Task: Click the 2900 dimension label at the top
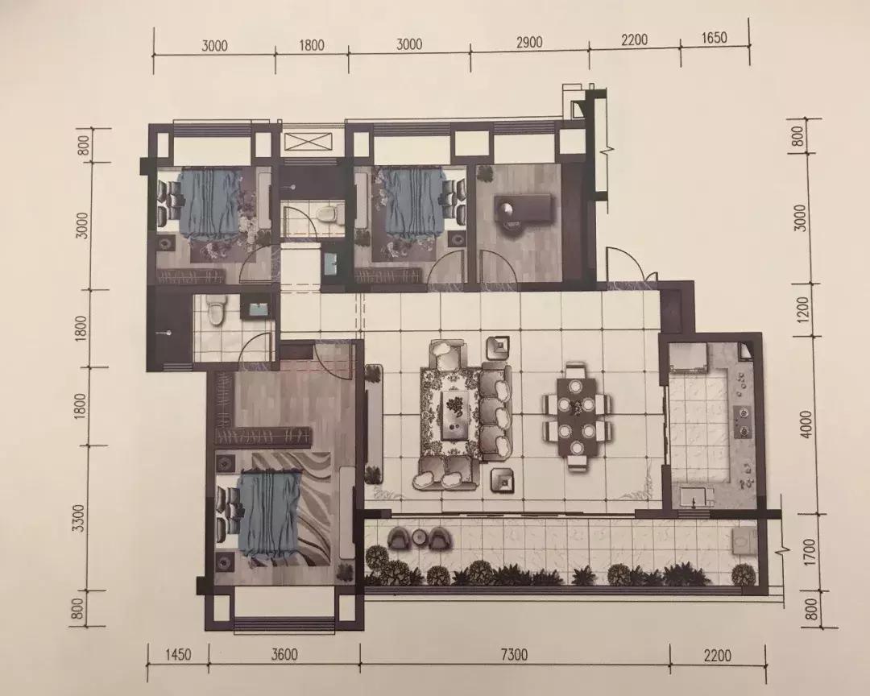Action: tap(528, 43)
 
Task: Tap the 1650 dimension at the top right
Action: tap(714, 38)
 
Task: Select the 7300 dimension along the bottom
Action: tap(514, 656)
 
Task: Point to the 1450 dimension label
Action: tap(178, 655)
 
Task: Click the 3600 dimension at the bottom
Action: tap(284, 655)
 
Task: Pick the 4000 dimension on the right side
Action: tap(806, 424)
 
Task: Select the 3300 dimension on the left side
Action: tap(80, 518)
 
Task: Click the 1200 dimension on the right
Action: tap(805, 309)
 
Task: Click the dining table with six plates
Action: tap(577, 416)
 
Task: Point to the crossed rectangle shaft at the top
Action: tap(308, 142)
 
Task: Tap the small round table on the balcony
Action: tap(419, 536)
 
